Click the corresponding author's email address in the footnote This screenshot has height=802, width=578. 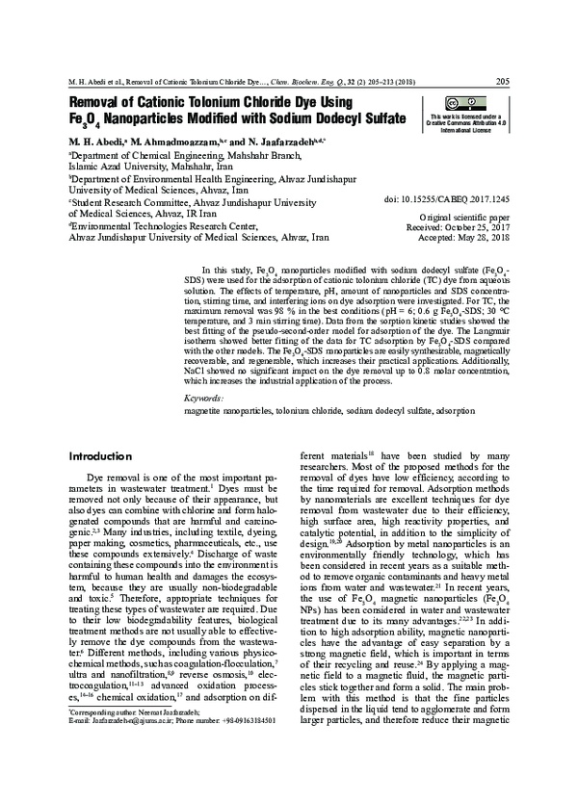[122, 773]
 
